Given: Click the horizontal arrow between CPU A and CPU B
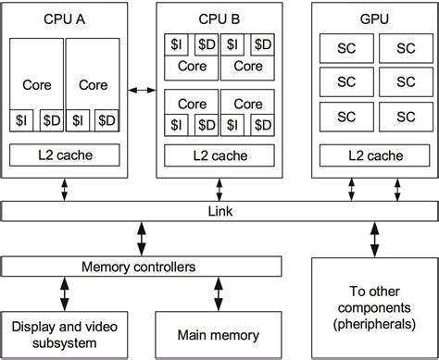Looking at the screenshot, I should [142, 90].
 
